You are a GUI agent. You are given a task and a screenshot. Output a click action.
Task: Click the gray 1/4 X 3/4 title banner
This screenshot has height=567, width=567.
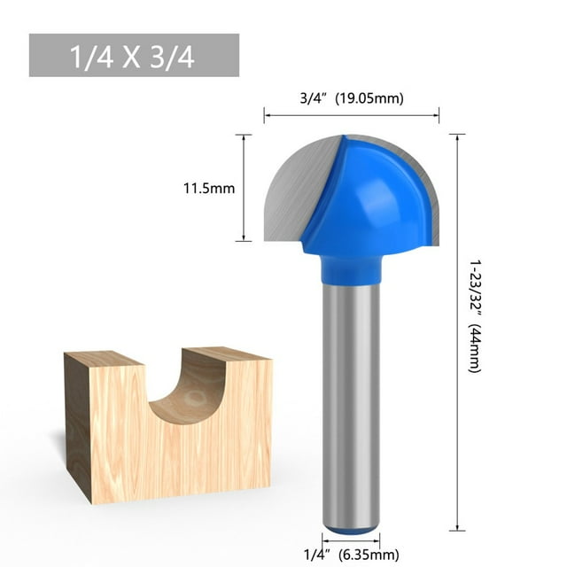(134, 55)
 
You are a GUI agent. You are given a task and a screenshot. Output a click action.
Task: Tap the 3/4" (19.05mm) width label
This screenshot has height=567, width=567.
(350, 99)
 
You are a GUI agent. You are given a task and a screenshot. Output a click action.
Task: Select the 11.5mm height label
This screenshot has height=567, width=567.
(209, 188)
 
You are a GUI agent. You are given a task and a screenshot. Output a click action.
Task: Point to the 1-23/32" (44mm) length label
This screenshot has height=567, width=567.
(475, 316)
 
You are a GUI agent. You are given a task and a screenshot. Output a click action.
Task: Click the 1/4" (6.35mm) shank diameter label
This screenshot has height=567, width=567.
(350, 555)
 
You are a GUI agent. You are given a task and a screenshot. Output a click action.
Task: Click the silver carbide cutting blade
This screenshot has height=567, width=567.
(292, 190)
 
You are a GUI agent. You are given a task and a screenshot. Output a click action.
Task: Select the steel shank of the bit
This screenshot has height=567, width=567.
(351, 399)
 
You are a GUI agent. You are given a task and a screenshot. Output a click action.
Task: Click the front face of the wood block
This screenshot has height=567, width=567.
(177, 452)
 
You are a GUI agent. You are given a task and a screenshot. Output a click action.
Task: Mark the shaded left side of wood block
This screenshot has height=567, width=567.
(77, 425)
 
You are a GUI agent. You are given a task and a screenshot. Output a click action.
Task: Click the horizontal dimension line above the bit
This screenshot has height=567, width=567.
(351, 113)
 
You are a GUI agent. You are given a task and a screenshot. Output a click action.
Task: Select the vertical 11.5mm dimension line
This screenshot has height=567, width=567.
(244, 188)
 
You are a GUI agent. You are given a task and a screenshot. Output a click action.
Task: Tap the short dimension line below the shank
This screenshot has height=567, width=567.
(351, 540)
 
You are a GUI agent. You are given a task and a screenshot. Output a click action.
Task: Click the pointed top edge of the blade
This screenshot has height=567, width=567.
(343, 137)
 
